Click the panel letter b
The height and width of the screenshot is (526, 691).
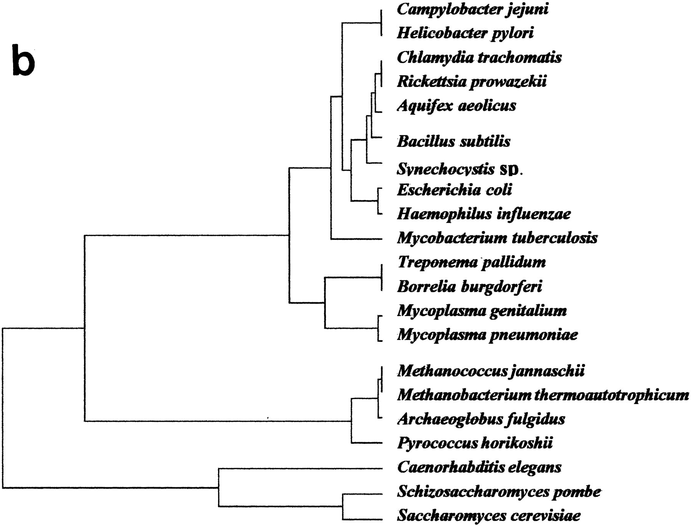pos(24,60)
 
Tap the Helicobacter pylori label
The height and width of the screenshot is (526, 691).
pos(465,33)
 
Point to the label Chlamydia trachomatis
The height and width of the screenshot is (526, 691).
pos(479,57)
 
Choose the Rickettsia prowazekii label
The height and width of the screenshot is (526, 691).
pos(471,82)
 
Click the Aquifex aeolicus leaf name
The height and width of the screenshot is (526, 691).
pos(456,106)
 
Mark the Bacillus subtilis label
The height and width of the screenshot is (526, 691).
pos(454,141)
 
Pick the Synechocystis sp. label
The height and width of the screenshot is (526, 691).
pos(460,169)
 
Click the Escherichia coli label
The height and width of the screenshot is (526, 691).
pos(455,190)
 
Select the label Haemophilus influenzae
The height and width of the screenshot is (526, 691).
pos(484,214)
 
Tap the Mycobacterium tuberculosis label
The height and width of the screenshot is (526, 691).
pos(497,238)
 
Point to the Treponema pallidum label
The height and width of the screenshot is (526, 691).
pos(471,262)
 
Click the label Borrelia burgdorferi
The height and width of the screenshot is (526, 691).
pos(469,286)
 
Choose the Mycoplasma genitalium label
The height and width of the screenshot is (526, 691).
pos(482,311)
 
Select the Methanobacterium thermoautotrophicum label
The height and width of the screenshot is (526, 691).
pos(543,395)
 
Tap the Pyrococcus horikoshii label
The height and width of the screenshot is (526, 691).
pos(475,443)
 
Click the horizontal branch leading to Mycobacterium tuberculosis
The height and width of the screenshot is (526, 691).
pos(356,240)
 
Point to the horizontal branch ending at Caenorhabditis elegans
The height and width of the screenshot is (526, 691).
pos(300,468)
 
